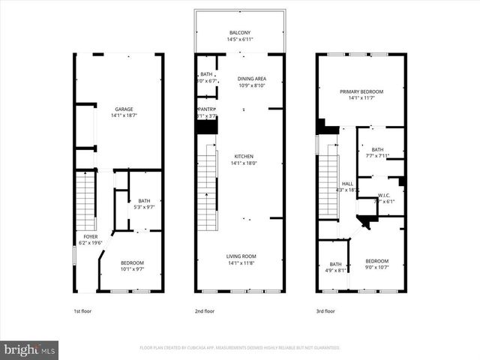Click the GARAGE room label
coord(124,109)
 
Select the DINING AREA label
coord(251,78)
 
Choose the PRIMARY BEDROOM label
coord(361,91)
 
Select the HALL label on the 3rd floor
coord(347,184)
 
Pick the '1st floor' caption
coord(82,310)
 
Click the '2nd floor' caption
coord(204,310)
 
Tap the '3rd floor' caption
coord(325,310)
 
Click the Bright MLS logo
coord(30,349)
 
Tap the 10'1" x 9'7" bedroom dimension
coord(132,268)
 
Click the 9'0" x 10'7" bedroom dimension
coord(376,267)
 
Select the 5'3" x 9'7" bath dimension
coord(143,207)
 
